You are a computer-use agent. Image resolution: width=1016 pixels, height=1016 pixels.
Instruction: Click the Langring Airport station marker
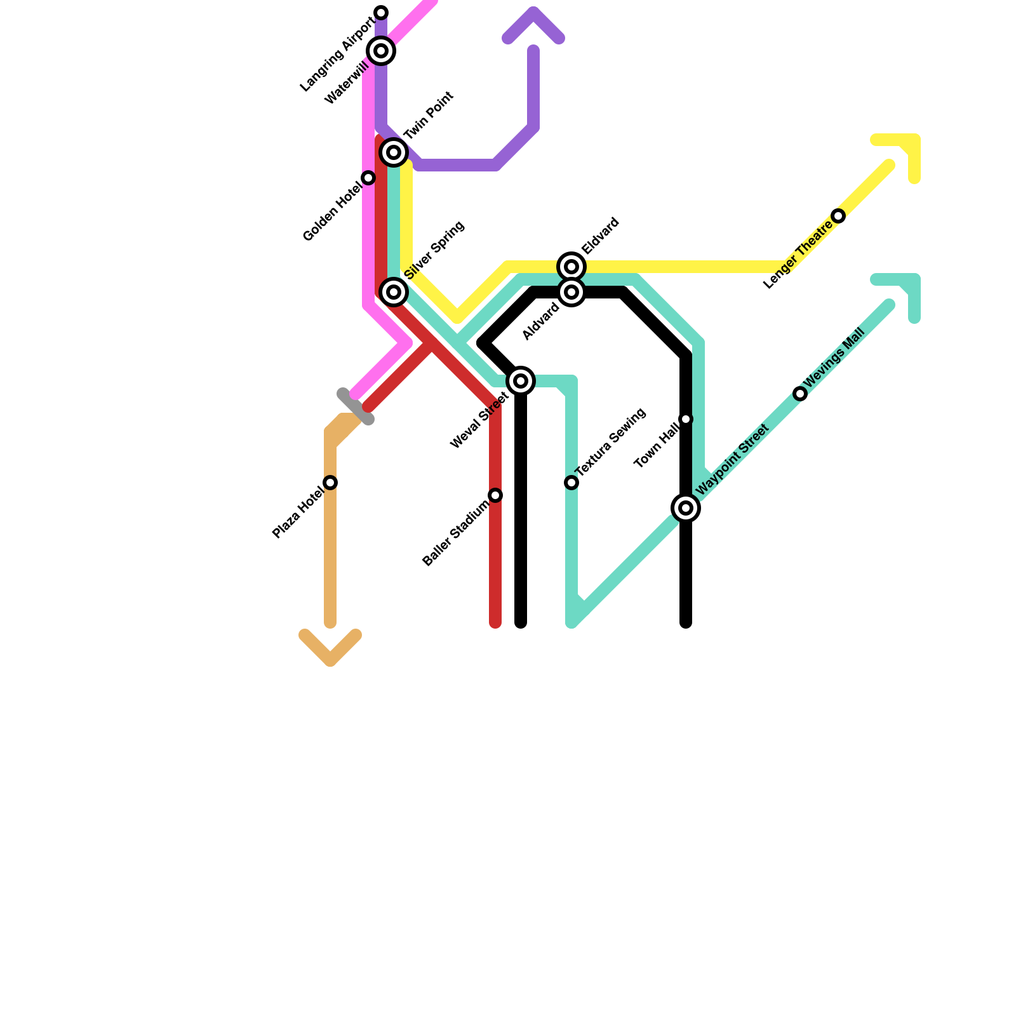click(x=381, y=13)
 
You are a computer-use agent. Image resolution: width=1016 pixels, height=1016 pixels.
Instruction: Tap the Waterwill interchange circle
click(x=381, y=51)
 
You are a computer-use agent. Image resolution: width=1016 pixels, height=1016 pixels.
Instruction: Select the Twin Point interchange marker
click(x=394, y=152)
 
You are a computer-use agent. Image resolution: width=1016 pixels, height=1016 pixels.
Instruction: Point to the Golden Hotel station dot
click(x=368, y=178)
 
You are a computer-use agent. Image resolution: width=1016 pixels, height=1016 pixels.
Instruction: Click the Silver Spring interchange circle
click(x=394, y=292)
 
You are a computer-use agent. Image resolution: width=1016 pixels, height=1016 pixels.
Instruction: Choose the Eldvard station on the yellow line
click(x=571, y=267)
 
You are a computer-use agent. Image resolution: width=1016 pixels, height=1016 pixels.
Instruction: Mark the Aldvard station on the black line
click(x=571, y=292)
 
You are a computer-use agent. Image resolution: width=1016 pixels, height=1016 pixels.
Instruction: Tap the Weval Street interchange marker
click(x=521, y=381)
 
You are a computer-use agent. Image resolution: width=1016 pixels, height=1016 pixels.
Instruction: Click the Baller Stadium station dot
click(x=495, y=495)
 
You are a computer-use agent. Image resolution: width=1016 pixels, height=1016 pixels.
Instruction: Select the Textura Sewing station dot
click(x=571, y=483)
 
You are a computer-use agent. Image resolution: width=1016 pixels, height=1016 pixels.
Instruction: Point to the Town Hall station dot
click(x=686, y=419)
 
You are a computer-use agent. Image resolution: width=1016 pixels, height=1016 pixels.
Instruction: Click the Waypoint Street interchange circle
click(x=686, y=508)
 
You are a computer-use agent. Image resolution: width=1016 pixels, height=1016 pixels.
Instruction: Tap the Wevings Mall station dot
click(x=800, y=394)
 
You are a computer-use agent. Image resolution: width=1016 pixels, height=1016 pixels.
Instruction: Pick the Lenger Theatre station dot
click(x=838, y=216)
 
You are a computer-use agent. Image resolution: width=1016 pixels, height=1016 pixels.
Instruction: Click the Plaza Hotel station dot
click(x=330, y=483)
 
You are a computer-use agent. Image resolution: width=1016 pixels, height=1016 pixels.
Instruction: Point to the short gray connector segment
click(x=355, y=406)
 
